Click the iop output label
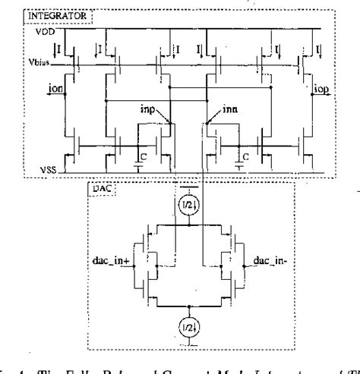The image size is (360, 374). coord(321,89)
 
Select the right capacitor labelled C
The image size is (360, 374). coord(240,157)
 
